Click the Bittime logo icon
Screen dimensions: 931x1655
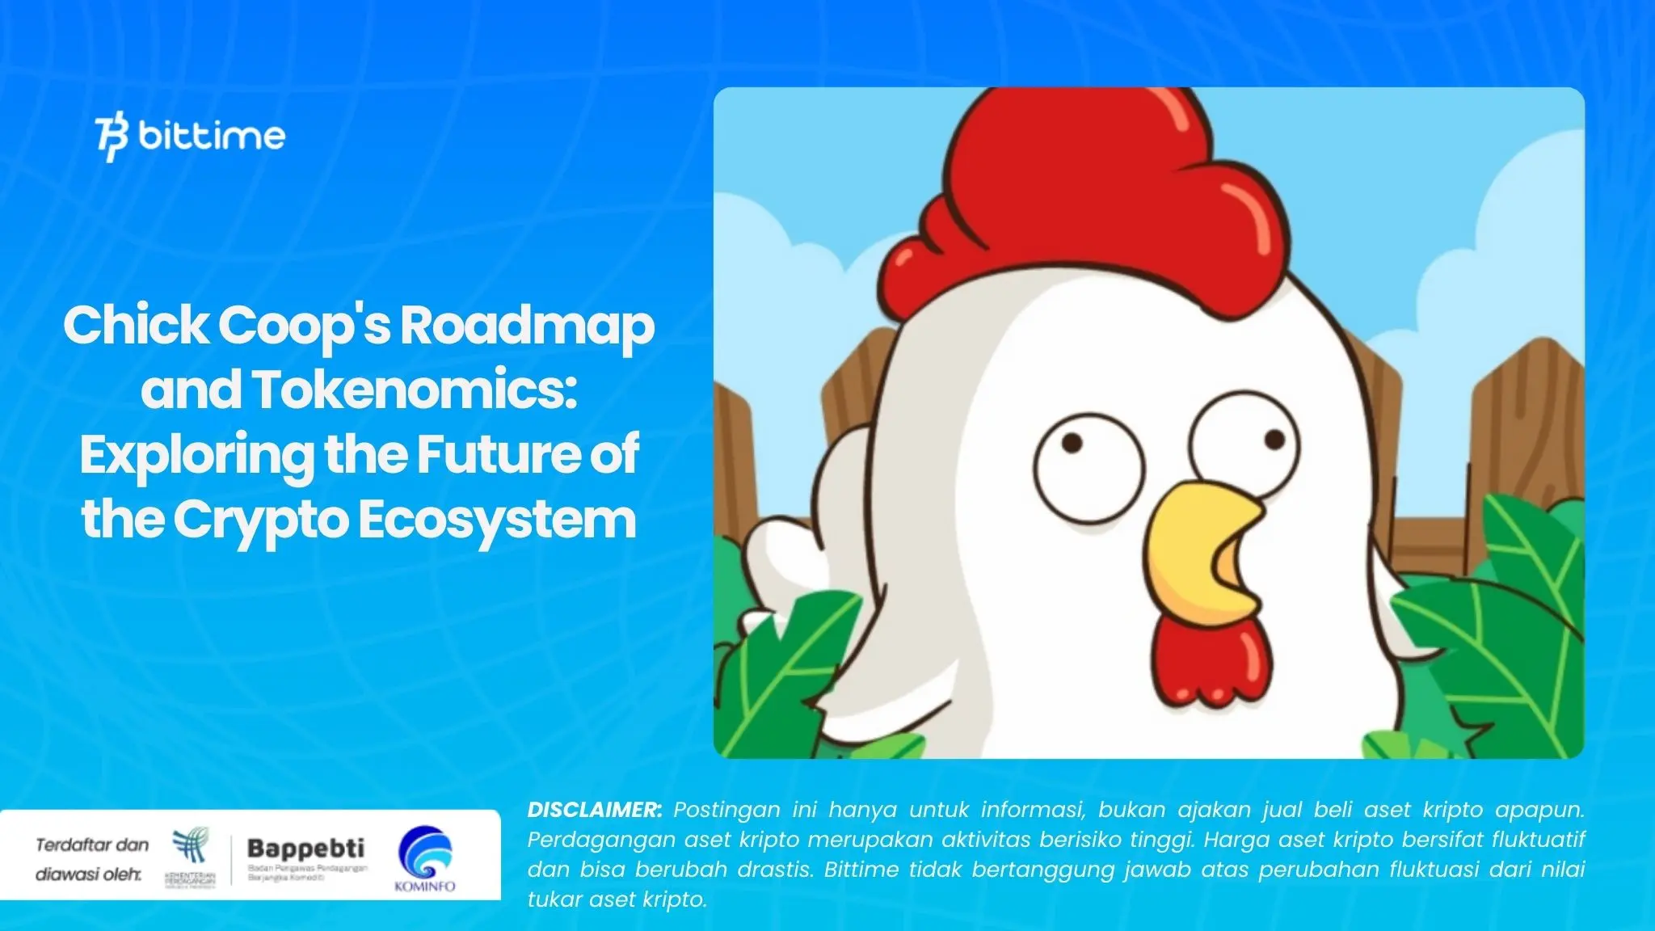(112, 138)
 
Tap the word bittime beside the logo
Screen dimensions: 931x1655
(212, 136)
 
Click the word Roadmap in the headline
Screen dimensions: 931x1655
(527, 326)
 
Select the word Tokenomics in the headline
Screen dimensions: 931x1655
(415, 390)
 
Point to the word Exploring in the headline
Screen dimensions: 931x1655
(196, 455)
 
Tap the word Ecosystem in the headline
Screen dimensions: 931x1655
(497, 520)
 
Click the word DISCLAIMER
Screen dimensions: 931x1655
(594, 810)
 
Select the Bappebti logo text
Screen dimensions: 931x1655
(305, 849)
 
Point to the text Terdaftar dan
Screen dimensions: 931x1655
(92, 845)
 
